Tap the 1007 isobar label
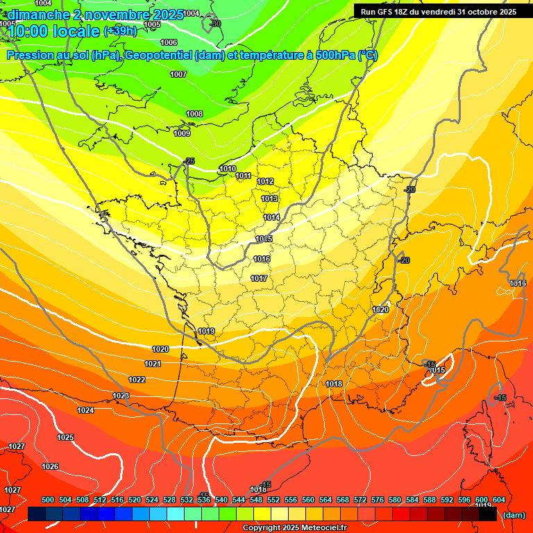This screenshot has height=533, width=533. click(178, 74)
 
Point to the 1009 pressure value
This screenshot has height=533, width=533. click(182, 133)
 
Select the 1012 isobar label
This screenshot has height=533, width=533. click(265, 181)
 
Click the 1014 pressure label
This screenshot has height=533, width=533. click(271, 217)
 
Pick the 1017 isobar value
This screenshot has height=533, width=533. click(259, 278)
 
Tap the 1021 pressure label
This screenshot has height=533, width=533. click(153, 364)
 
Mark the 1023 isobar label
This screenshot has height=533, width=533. click(121, 396)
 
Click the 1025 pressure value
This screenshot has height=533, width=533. click(65, 437)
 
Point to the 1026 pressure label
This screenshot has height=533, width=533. click(50, 466)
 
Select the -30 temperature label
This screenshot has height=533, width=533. click(215, 24)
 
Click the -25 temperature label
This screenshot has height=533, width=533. click(189, 161)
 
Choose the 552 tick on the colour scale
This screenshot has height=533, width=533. click(273, 500)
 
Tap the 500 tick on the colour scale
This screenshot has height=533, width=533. click(48, 500)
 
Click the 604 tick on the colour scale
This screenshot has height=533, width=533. click(499, 500)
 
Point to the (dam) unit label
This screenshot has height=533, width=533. click(514, 514)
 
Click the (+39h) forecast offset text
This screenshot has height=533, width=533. click(120, 31)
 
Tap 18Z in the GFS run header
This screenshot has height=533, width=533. click(402, 12)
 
